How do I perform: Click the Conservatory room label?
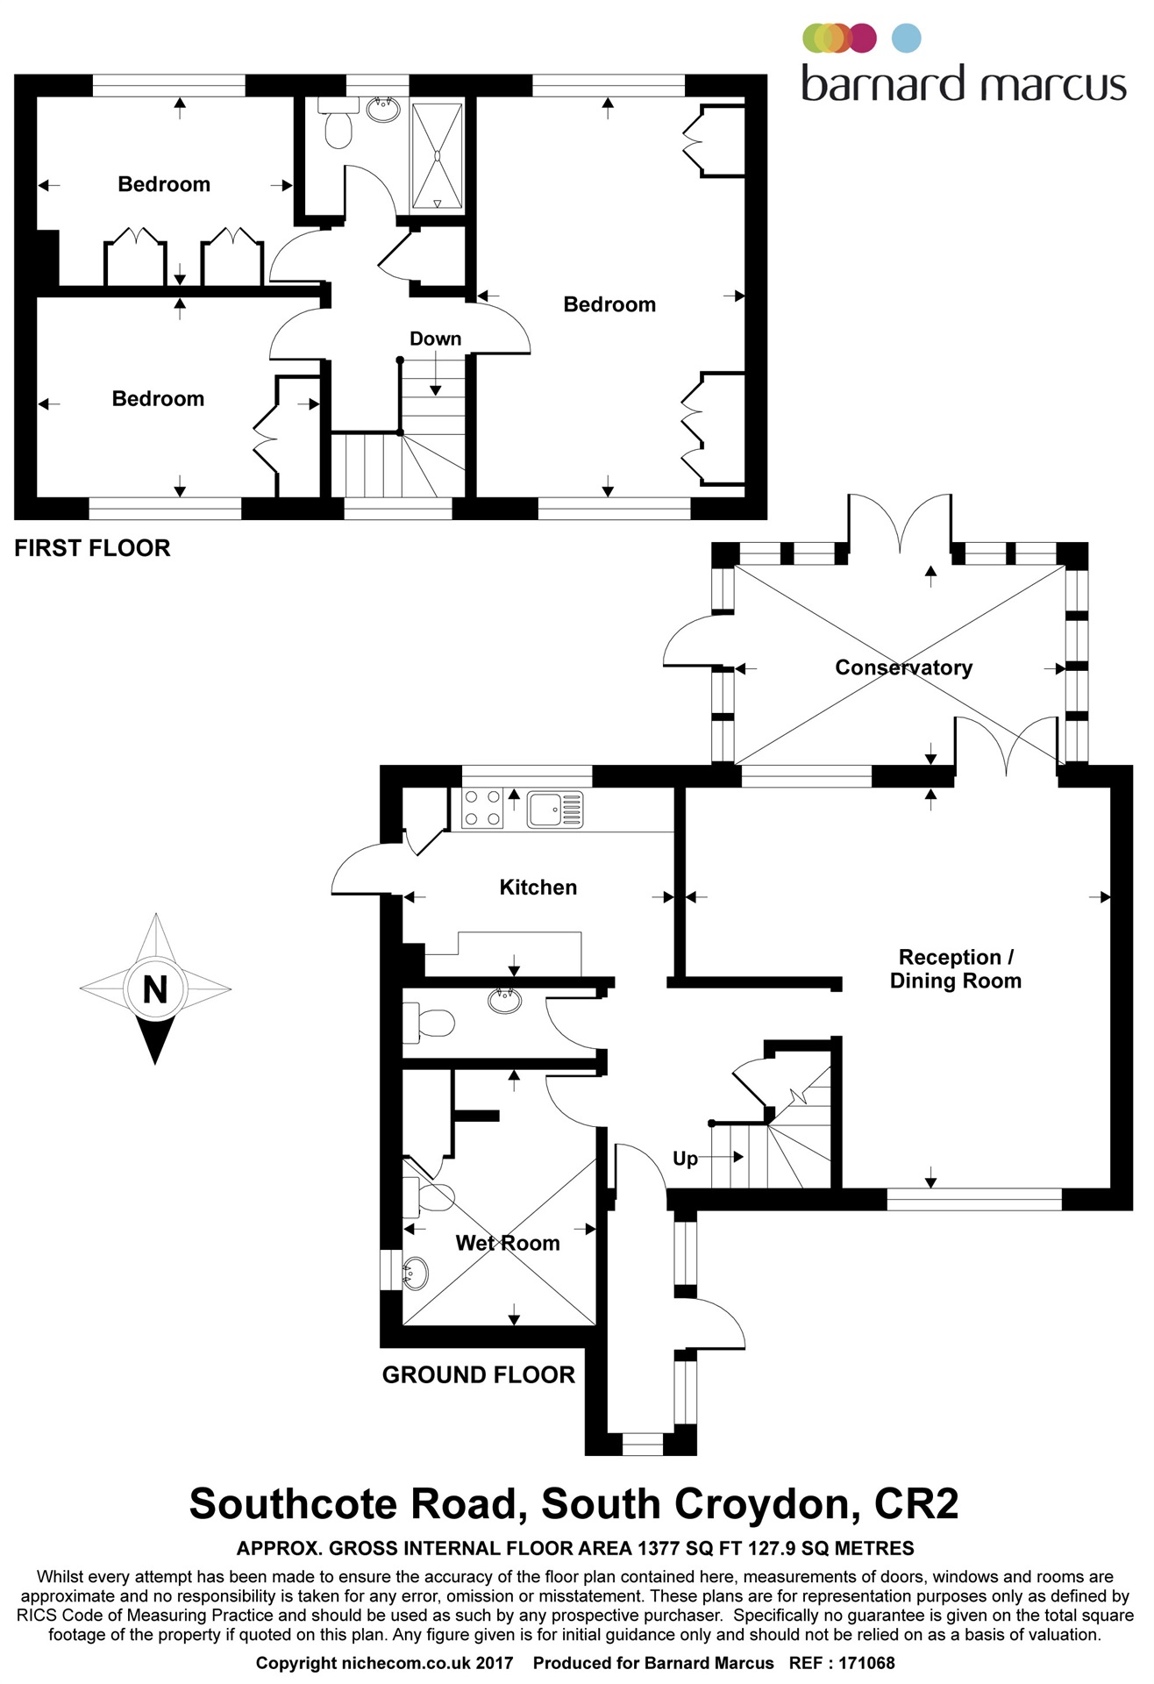point(903,667)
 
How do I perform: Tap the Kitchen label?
point(538,887)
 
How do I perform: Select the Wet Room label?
point(507,1243)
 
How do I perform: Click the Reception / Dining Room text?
point(955,968)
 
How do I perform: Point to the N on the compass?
point(155,989)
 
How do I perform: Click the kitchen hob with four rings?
point(482,809)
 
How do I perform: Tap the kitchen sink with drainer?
point(554,809)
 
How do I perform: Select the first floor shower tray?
point(437,157)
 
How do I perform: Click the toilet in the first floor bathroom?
point(338,129)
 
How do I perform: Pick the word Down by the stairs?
point(435,339)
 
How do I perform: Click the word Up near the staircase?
point(685,1159)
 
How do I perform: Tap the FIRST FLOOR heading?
point(92,548)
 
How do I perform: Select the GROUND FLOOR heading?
point(478,1374)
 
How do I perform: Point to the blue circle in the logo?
point(907,39)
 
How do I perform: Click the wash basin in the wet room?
point(414,1272)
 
